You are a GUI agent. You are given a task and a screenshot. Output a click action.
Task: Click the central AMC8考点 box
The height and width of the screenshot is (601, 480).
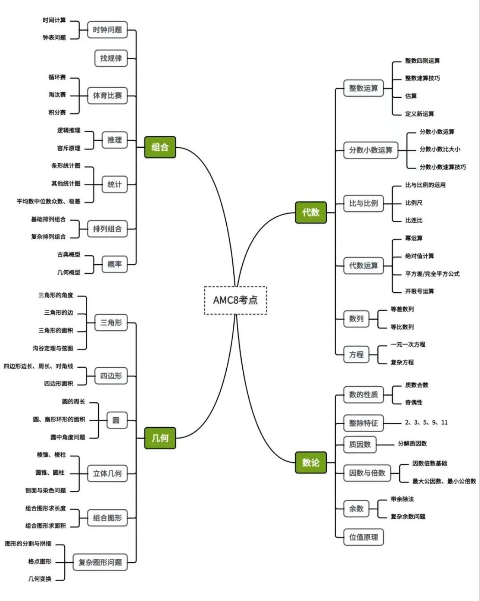pyautogui.click(x=236, y=300)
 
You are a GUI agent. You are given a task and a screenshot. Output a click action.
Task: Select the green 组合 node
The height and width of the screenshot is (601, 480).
pyautogui.click(x=160, y=147)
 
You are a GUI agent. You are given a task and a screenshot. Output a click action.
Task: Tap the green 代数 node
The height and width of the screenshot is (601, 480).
pyautogui.click(x=311, y=212)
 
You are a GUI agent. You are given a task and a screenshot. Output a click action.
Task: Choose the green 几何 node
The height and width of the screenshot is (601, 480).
pyautogui.click(x=160, y=438)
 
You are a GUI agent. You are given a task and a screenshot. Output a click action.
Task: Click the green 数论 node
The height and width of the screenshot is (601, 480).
pyautogui.click(x=311, y=462)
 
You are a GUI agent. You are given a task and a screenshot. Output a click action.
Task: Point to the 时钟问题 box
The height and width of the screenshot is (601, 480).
pyautogui.click(x=108, y=30)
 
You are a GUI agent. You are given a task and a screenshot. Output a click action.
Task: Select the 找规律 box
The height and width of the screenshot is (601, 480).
pyautogui.click(x=111, y=58)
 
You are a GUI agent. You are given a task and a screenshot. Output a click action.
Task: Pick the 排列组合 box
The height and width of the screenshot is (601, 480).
pyautogui.click(x=108, y=229)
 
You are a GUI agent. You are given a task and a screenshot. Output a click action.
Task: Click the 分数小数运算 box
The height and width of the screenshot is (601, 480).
pyautogui.click(x=371, y=150)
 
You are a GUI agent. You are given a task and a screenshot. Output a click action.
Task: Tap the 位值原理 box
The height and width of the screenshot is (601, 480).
pyautogui.click(x=364, y=537)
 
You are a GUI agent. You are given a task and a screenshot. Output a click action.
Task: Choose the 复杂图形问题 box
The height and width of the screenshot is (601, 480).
pyautogui.click(x=100, y=562)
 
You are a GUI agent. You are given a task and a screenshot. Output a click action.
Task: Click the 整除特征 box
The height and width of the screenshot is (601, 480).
pyautogui.click(x=364, y=423)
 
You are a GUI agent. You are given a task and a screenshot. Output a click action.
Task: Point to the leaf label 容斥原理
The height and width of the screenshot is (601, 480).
pyautogui.click(x=69, y=148)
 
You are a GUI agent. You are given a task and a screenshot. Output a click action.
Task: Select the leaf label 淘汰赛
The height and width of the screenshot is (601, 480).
pyautogui.click(x=57, y=95)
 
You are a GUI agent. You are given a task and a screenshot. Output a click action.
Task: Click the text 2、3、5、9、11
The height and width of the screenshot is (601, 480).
pyautogui.click(x=426, y=422)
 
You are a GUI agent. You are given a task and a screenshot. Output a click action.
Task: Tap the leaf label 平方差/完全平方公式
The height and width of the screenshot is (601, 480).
pyautogui.click(x=432, y=274)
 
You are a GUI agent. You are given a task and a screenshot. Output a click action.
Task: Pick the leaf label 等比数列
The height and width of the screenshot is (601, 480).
pyautogui.click(x=402, y=327)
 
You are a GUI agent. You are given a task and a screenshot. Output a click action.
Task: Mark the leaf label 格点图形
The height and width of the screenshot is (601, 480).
pyautogui.click(x=40, y=561)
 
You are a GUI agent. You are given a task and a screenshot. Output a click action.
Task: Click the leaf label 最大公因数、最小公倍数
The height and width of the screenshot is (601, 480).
pyautogui.click(x=444, y=481)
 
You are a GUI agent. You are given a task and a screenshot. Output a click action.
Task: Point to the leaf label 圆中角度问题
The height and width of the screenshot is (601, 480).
pyautogui.click(x=68, y=437)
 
